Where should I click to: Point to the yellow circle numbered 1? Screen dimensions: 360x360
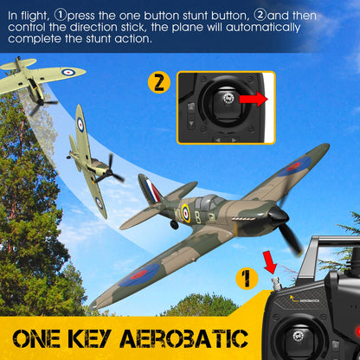point(247,279)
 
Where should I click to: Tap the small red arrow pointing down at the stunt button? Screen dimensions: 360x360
point(269,260)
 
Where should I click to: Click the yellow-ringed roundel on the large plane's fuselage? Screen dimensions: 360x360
point(184,210)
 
